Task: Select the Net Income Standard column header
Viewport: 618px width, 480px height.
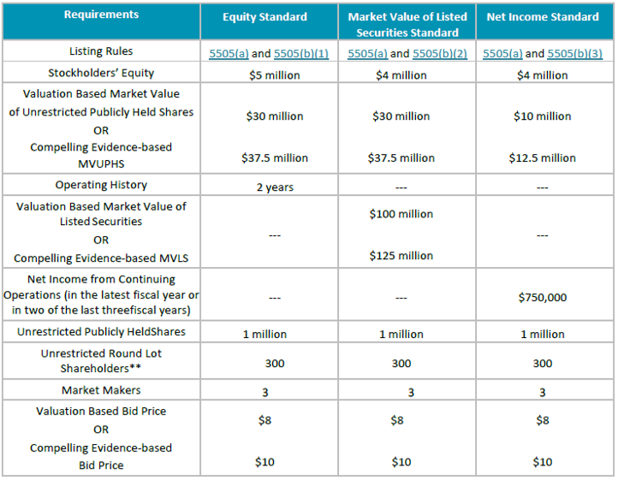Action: pyautogui.click(x=544, y=17)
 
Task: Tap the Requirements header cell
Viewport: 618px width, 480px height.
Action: pyautogui.click(x=101, y=15)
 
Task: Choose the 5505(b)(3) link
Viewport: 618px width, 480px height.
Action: pyautogui.click(x=575, y=53)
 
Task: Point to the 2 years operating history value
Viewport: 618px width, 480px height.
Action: pyautogui.click(x=275, y=187)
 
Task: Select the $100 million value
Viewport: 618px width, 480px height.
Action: pyautogui.click(x=401, y=214)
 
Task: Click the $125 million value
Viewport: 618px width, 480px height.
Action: pyautogui.click(x=401, y=256)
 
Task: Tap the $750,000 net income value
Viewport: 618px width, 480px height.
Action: pyautogui.click(x=542, y=298)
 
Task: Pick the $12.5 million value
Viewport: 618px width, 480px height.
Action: pyautogui.click(x=542, y=157)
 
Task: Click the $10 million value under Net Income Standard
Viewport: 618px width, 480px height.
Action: pyautogui.click(x=542, y=116)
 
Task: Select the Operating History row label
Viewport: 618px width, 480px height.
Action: pyautogui.click(x=101, y=185)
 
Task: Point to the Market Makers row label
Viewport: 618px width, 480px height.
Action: pyautogui.click(x=101, y=390)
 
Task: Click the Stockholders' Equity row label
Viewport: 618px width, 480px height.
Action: pyautogui.click(x=101, y=73)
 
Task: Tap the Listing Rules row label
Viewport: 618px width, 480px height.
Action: pyautogui.click(x=101, y=51)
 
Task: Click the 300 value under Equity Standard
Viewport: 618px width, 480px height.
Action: pyautogui.click(x=275, y=364)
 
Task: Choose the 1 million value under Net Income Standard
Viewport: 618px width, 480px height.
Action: pyautogui.click(x=542, y=335)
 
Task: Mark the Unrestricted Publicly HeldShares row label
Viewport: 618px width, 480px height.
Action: pyautogui.click(x=101, y=331)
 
